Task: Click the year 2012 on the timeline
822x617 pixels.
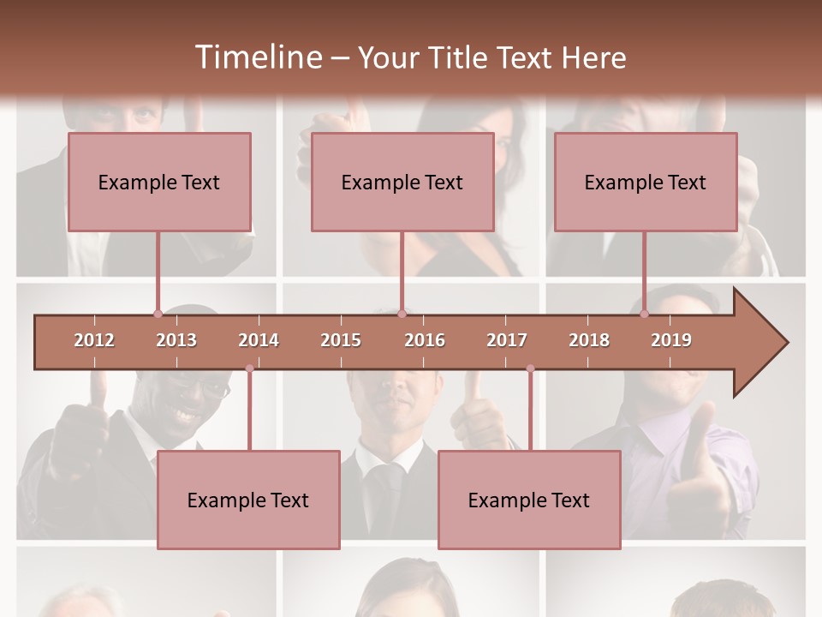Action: coord(94,340)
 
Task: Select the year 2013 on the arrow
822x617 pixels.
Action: coord(176,340)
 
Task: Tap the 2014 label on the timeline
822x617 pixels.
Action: coord(259,340)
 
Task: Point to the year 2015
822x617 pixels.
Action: coord(341,340)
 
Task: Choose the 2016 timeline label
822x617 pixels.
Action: coord(425,340)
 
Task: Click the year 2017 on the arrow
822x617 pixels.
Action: coord(507,340)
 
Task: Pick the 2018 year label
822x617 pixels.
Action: coord(589,340)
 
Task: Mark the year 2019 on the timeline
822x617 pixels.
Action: coord(671,340)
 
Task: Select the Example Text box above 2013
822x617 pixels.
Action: coord(159,182)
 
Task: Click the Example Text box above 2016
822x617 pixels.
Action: coord(402,182)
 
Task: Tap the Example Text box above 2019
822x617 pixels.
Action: coord(646,182)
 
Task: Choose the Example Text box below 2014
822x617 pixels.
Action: coord(248,500)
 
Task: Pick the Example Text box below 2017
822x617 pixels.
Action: coord(529,500)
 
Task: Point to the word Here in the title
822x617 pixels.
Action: coord(593,57)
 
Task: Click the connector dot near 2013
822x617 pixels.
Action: coord(158,314)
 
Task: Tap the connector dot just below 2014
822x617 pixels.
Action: coord(249,368)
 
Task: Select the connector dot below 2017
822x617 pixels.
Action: coord(530,368)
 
